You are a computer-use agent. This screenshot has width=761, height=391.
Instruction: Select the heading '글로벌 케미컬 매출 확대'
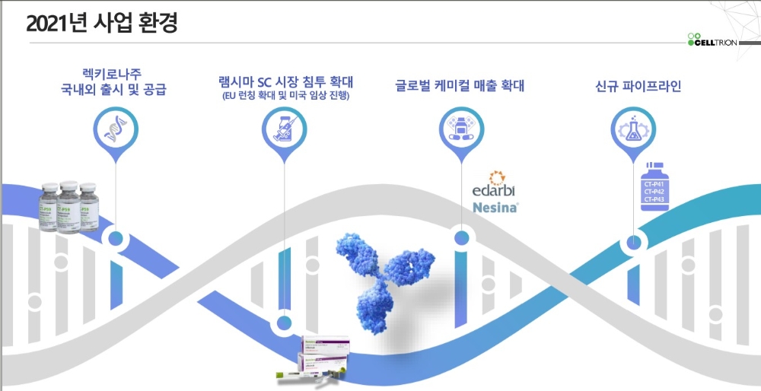[x=460, y=85]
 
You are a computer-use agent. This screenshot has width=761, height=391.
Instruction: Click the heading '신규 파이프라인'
[x=638, y=85]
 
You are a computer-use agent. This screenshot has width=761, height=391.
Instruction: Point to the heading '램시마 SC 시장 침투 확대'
[x=284, y=81]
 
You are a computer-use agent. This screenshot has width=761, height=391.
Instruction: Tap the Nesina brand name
[x=495, y=207]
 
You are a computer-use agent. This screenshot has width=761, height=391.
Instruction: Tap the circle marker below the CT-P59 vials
[x=115, y=239]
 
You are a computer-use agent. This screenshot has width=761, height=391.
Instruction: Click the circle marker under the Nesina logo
[x=460, y=239]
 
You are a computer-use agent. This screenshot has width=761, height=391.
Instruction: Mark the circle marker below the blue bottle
[x=633, y=243]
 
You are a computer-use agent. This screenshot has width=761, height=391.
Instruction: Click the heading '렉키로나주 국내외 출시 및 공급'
[x=114, y=81]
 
